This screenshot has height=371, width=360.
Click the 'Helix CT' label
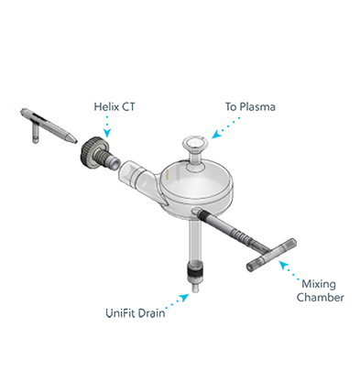click(115, 107)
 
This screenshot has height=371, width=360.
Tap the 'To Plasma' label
click(250, 106)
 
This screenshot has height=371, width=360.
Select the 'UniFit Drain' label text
click(136, 313)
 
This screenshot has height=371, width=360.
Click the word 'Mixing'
click(319, 284)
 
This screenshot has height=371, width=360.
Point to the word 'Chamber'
click(321, 297)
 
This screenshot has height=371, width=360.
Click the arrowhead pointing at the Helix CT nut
click(106, 133)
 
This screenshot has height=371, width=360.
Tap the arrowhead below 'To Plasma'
click(216, 135)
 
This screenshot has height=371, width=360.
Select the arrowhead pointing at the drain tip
click(185, 298)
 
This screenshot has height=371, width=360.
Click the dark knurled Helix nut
click(91, 154)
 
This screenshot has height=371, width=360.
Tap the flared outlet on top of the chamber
click(195, 143)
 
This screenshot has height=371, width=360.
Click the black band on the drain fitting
click(194, 271)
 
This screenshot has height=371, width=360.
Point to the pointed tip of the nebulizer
click(73, 140)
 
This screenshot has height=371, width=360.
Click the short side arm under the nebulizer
click(36, 135)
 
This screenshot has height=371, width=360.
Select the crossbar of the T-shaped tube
click(271, 255)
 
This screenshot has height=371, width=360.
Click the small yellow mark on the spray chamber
click(167, 175)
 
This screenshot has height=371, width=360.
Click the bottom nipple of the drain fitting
click(194, 288)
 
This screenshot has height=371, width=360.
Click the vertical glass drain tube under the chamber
click(194, 240)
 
